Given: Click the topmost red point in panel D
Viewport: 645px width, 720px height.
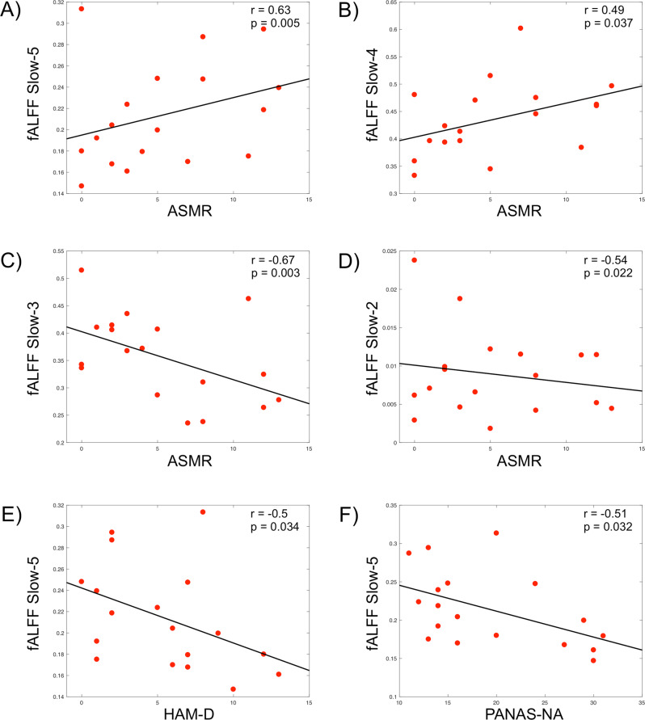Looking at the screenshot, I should pyautogui.click(x=415, y=260).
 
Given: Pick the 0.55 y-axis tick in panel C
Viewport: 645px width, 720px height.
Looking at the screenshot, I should pyautogui.click(x=61, y=251).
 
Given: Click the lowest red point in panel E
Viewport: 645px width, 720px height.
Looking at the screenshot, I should pyautogui.click(x=233, y=688).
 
